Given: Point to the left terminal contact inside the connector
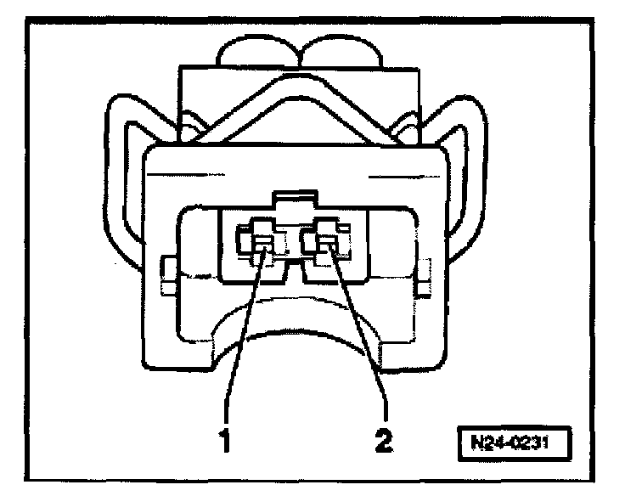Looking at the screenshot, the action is [x=262, y=246].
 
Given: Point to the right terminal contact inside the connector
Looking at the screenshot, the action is [x=326, y=246].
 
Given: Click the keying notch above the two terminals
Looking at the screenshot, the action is [x=294, y=204].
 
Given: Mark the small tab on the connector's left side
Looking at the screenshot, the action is [x=166, y=272].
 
